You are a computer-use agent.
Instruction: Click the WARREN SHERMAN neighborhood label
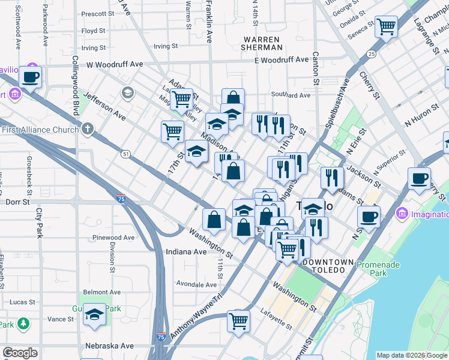click(261, 43)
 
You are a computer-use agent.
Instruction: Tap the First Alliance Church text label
click(40, 130)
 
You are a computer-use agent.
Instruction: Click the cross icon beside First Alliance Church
click(88, 128)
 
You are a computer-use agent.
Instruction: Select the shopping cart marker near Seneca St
click(387, 26)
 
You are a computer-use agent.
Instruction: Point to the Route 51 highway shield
click(125, 154)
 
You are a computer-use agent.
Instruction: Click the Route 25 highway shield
click(372, 55)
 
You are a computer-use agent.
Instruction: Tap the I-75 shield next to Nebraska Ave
click(161, 337)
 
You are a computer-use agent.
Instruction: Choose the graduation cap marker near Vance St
click(94, 314)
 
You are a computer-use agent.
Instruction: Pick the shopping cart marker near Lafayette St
click(238, 322)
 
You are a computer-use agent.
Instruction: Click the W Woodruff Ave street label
click(115, 64)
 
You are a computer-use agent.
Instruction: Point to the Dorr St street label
click(17, 202)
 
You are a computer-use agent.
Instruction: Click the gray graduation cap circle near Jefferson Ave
click(127, 92)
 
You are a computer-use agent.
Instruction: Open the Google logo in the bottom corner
click(20, 352)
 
